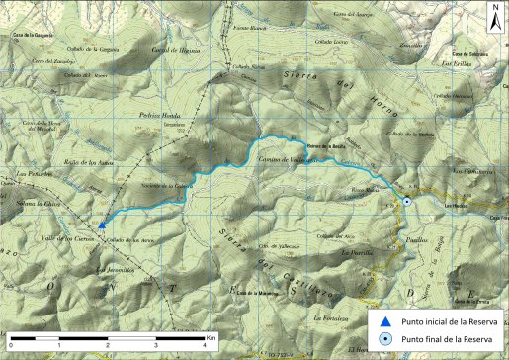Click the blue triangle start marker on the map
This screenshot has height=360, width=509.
(102, 225)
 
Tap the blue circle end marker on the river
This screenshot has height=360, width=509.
(406, 202)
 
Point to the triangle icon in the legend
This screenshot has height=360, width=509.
(384, 321)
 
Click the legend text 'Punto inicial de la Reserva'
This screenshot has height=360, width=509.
(446, 321)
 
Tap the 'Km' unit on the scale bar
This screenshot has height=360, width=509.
(212, 337)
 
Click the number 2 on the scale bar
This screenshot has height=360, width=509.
(107, 345)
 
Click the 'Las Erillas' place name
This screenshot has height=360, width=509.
(457, 63)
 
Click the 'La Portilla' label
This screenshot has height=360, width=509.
(355, 252)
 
